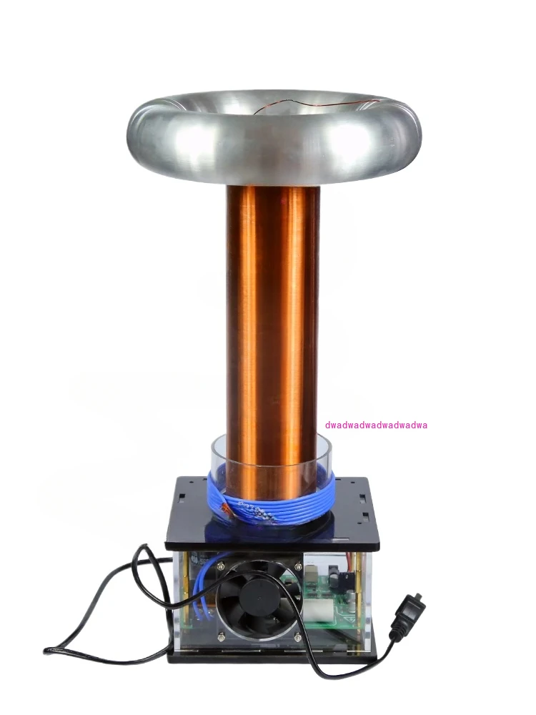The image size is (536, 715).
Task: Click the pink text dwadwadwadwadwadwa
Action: point(376,425)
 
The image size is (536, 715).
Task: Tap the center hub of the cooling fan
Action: point(259,598)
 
